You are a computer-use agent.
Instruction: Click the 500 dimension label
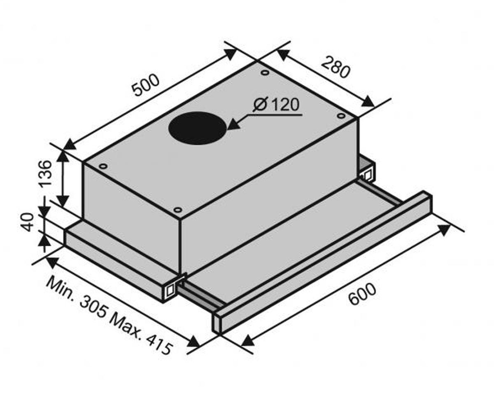point(146,85)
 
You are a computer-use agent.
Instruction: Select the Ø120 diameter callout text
point(276,104)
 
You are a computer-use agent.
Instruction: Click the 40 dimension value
point(27,222)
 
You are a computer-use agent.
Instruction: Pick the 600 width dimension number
point(362,294)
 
